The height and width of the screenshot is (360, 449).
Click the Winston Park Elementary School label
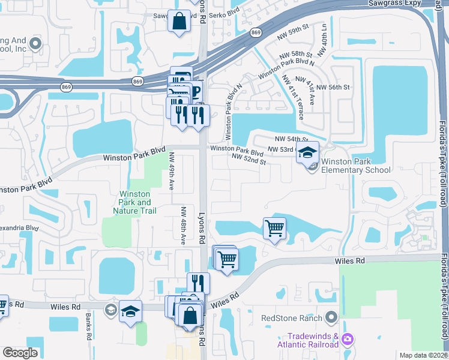356,166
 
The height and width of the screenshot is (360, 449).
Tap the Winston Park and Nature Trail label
135,202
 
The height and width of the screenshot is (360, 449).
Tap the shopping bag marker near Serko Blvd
179,22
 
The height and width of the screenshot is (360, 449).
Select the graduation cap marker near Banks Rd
130,311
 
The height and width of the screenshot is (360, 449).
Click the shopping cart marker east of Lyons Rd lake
274,228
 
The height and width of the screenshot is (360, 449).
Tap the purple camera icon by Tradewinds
347,340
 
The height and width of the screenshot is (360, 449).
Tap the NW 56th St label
333,87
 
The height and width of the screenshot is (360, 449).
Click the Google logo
20,353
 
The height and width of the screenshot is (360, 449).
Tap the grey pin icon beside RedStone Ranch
331,317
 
